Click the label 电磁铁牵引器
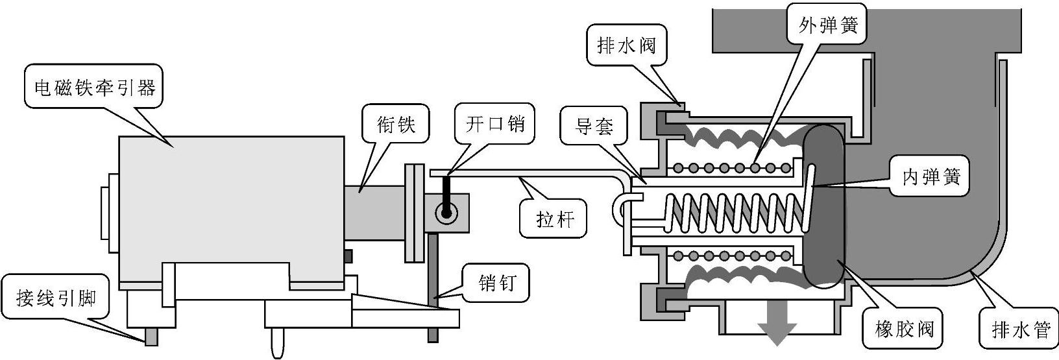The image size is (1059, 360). coord(95,88)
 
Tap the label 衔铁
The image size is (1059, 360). coord(396,125)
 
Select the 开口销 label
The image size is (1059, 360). coord(495,124)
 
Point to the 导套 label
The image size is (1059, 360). coord(594,126)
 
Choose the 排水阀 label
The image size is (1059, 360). coord(626,46)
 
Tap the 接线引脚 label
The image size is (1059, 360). coord(56,298)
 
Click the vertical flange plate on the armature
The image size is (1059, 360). coord(415,213)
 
